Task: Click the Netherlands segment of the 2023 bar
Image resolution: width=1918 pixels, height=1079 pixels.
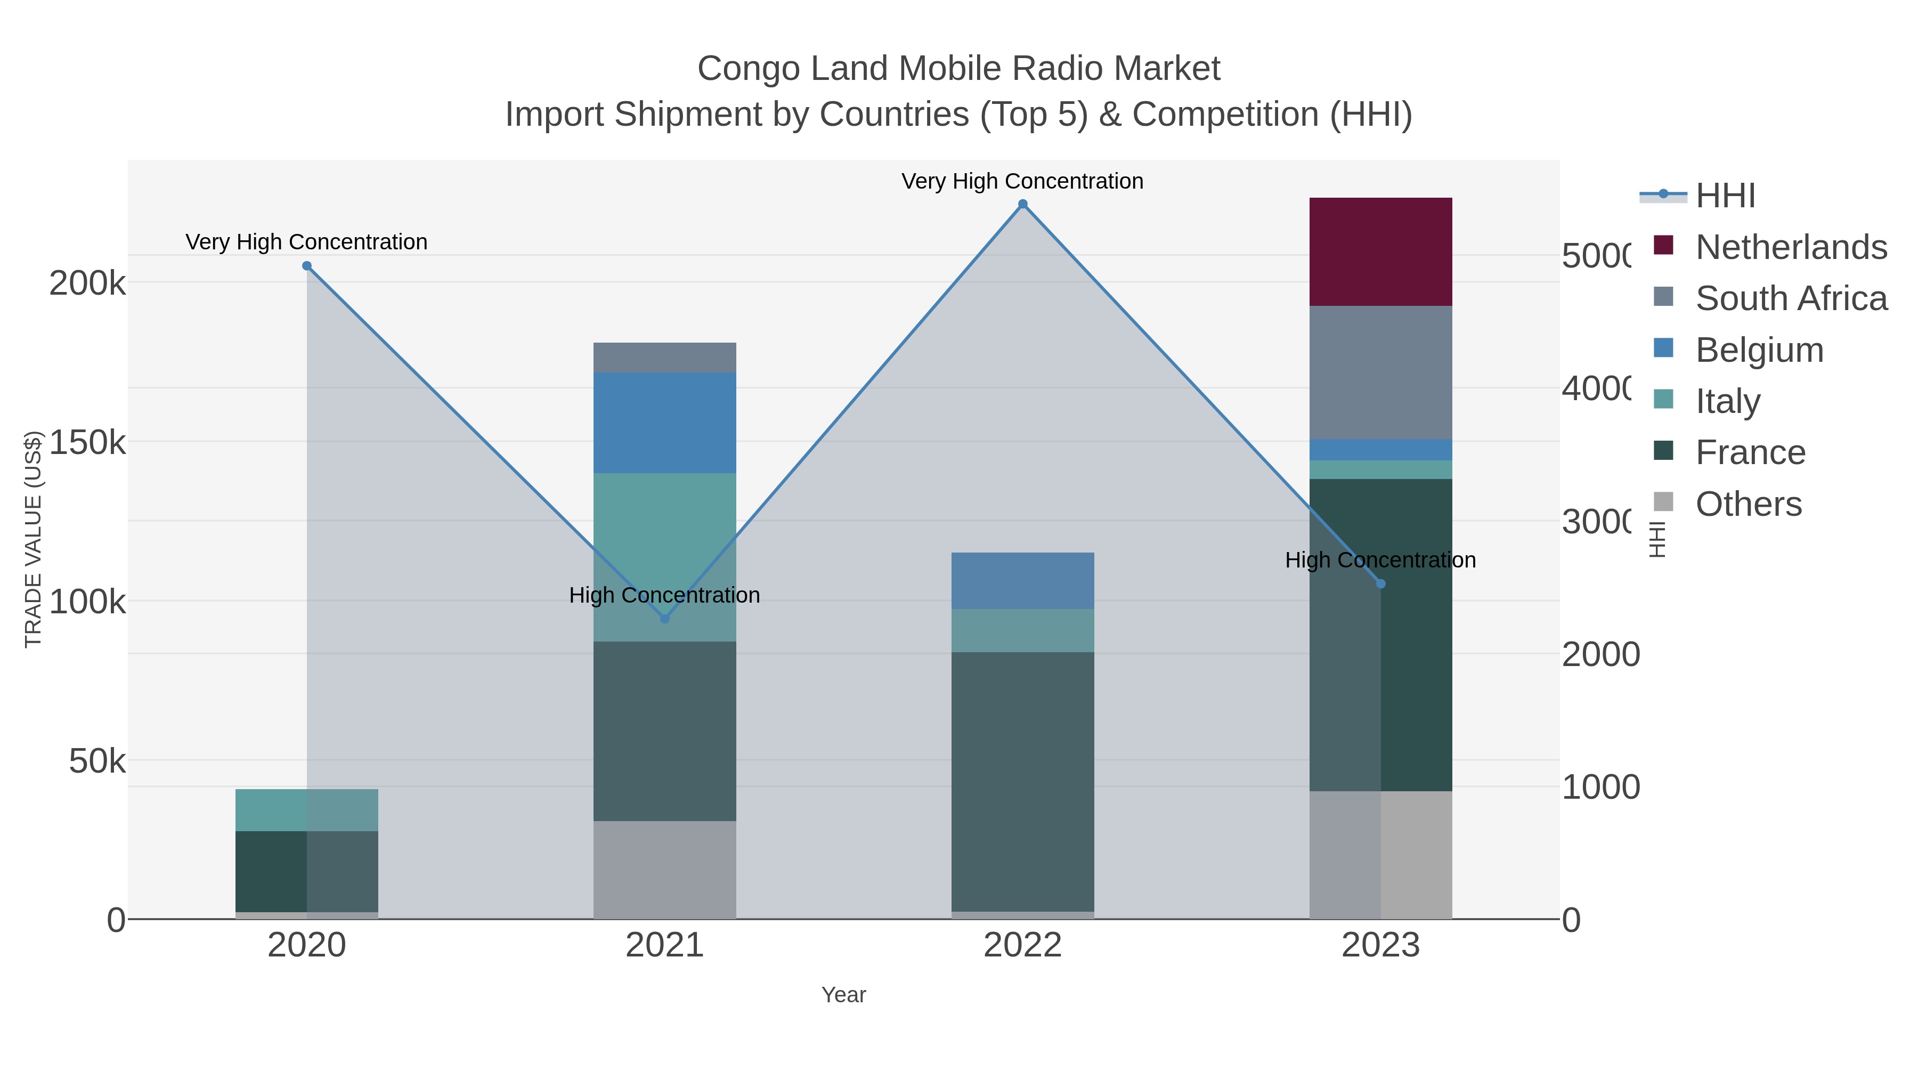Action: click(x=1380, y=252)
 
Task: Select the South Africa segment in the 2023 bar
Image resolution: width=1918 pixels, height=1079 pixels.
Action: click(x=1380, y=372)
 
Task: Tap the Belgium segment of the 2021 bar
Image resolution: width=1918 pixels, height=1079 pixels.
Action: click(x=664, y=422)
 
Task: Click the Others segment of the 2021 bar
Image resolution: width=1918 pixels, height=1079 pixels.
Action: click(x=664, y=869)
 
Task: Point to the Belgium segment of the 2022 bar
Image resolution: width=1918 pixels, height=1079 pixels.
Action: click(x=1022, y=580)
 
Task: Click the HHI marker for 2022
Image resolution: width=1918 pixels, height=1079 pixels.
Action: click(x=1022, y=204)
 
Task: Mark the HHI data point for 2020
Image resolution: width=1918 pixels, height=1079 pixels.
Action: click(x=307, y=266)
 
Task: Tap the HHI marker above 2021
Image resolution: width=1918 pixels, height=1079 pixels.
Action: click(x=665, y=619)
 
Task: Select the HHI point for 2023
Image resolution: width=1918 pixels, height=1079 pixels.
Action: click(x=1380, y=584)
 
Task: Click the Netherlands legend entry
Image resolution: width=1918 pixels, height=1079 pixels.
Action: click(x=1790, y=247)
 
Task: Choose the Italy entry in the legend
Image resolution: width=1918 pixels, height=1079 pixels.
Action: click(x=1727, y=401)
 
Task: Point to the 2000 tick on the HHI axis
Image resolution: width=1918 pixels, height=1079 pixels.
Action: click(x=1600, y=654)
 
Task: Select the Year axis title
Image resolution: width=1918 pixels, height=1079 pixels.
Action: click(x=843, y=995)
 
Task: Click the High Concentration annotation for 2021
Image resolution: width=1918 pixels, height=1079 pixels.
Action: click(x=664, y=595)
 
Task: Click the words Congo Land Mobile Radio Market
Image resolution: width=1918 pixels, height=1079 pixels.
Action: click(x=958, y=69)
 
